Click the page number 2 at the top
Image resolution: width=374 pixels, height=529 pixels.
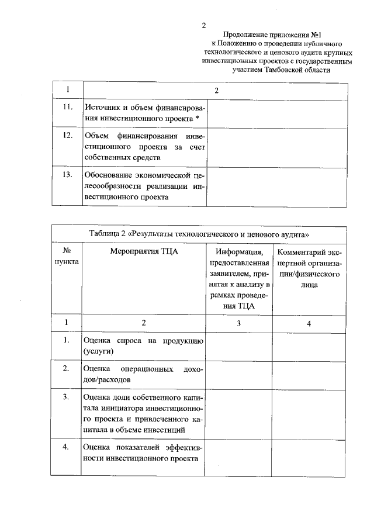coord(204,25)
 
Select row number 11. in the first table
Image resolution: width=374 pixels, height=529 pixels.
coord(67,107)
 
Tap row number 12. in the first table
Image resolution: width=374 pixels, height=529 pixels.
coord(67,136)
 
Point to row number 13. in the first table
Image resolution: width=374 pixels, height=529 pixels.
coord(67,174)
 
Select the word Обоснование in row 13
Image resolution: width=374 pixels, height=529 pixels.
coord(112,175)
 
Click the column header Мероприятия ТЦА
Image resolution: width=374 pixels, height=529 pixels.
coord(144,252)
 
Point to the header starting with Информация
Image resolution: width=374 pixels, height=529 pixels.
coord(238,253)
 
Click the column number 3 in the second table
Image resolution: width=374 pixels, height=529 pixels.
coord(238,322)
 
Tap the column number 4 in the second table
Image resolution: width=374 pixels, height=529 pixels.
coord(309,322)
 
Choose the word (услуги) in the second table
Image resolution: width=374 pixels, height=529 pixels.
coord(98,351)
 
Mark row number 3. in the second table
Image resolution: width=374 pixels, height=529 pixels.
coord(67,397)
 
